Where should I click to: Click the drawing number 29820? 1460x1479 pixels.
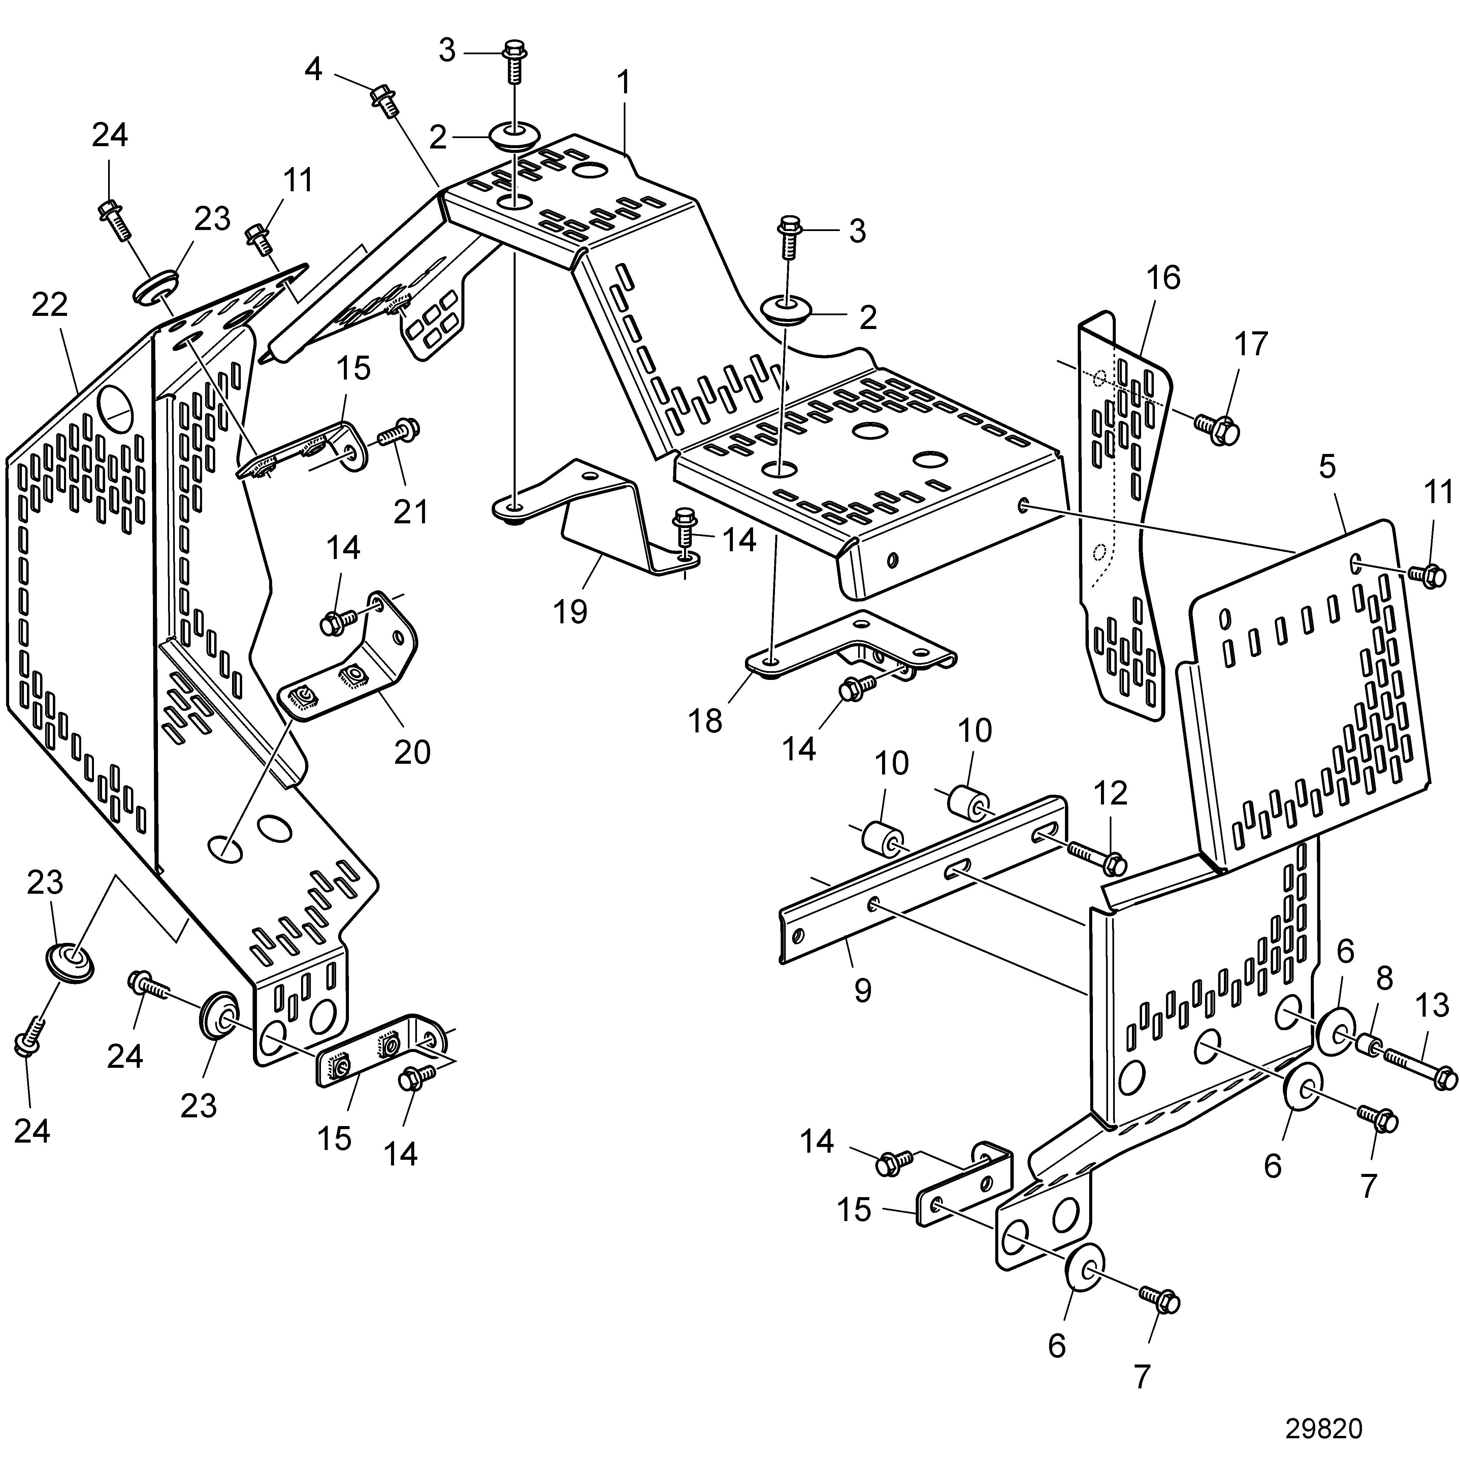[x=1324, y=1428]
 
